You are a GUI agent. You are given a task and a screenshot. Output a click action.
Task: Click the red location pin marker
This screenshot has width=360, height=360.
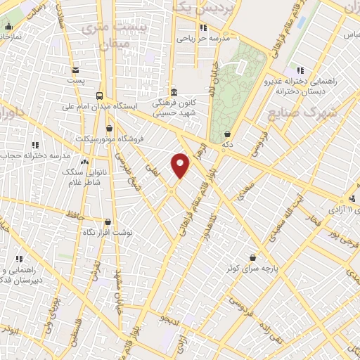[x=181, y=165]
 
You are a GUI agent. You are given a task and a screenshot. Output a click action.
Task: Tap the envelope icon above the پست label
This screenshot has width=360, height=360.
[x=75, y=70]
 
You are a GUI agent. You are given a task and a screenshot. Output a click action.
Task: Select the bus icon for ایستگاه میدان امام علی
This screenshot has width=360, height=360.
[x=99, y=96]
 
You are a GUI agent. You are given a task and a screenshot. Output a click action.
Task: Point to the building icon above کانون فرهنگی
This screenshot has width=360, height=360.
[x=174, y=91]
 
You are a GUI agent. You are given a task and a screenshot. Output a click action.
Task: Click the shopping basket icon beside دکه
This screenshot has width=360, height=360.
[x=227, y=134]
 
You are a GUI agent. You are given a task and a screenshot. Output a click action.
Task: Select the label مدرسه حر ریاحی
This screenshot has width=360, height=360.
[x=202, y=39]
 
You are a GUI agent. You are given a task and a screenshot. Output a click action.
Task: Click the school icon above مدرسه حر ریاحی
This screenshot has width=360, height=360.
[x=202, y=28]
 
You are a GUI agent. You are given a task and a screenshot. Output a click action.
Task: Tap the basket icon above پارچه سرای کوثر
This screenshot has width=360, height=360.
[x=252, y=257]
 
